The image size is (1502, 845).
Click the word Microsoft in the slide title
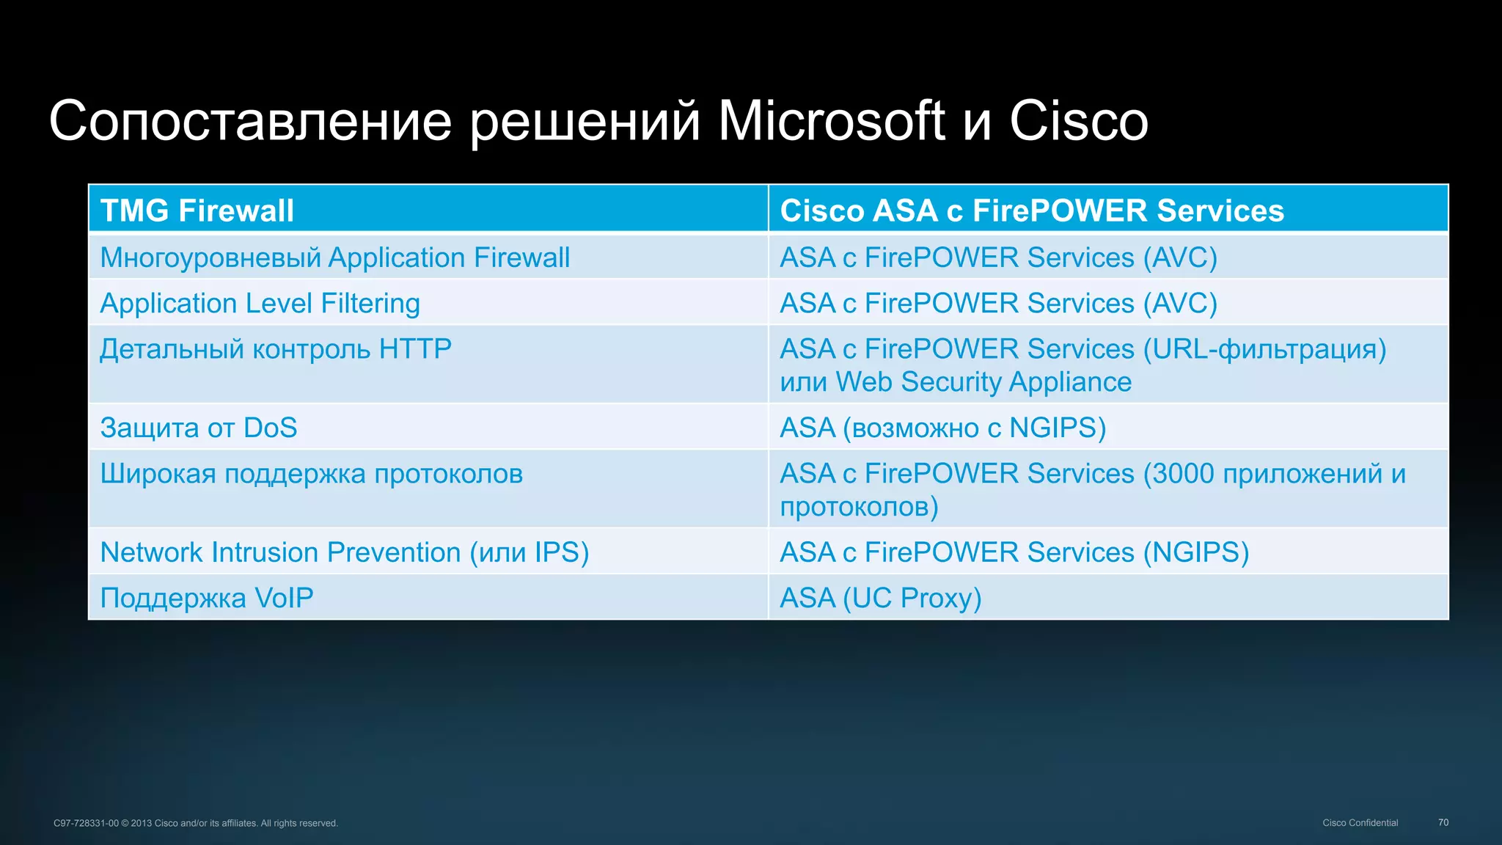pos(830,121)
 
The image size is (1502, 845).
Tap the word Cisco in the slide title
pos(1078,121)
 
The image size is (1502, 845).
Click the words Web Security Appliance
pos(983,382)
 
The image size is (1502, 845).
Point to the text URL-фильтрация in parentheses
pos(1265,349)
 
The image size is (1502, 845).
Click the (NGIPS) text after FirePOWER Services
pos(1196,552)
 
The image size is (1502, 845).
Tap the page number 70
pos(1443,822)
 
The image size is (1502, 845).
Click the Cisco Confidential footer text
pos(1360,822)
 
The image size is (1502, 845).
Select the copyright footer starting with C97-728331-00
pos(195,823)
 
